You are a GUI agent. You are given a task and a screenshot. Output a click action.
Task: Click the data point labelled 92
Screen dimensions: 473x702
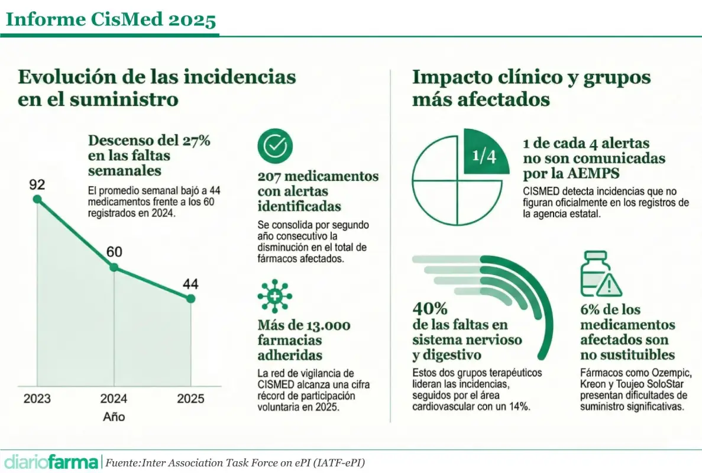tap(37, 199)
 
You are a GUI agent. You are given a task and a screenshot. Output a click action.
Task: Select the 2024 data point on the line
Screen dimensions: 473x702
tap(114, 267)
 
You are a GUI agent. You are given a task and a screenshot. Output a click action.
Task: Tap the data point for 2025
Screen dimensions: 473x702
tap(190, 299)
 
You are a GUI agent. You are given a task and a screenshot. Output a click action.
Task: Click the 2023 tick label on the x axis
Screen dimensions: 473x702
tap(37, 398)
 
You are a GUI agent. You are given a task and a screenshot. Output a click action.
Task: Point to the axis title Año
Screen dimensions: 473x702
tap(114, 416)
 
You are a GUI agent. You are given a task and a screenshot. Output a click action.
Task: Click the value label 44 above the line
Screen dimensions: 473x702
tap(190, 284)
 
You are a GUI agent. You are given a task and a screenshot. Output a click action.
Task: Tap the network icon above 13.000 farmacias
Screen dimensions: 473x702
tap(275, 296)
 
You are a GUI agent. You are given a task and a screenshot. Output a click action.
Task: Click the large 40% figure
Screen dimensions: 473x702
tap(430, 309)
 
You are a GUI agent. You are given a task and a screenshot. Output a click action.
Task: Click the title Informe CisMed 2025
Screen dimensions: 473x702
tap(111, 20)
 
